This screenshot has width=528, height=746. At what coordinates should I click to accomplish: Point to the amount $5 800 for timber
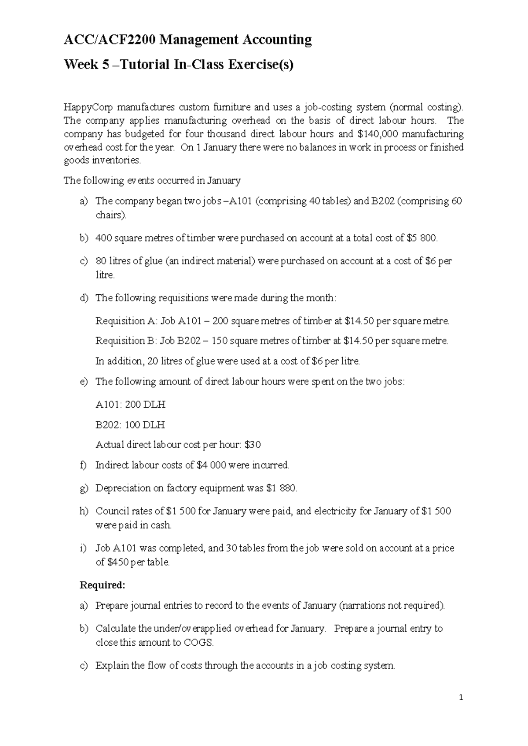click(x=422, y=238)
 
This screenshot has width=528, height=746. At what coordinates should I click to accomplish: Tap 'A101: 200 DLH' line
click(x=130, y=405)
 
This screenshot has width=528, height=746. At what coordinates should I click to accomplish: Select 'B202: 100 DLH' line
click(x=130, y=425)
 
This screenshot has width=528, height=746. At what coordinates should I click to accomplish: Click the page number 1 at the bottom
click(x=461, y=698)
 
